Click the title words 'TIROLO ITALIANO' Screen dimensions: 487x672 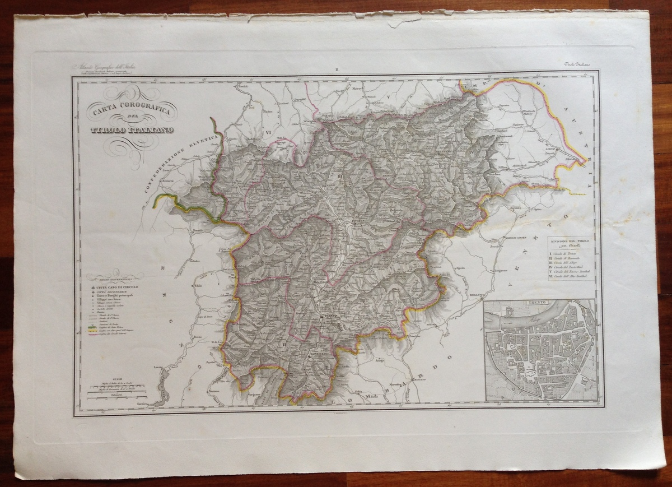point(132,130)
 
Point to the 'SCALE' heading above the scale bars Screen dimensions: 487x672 point(117,378)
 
